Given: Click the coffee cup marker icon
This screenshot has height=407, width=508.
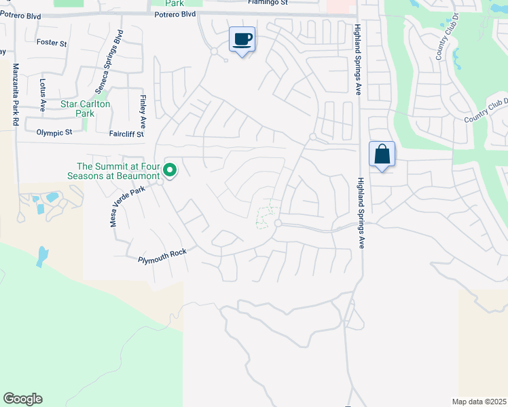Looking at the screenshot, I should tap(242, 39).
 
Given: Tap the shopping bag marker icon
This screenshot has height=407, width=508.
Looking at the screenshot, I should tap(382, 154).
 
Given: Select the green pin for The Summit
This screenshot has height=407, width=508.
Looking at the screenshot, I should tap(170, 170).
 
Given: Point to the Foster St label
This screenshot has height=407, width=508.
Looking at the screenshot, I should tap(52, 43).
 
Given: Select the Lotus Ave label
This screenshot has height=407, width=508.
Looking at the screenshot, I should tap(42, 95).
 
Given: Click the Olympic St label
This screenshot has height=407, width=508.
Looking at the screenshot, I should tap(54, 133).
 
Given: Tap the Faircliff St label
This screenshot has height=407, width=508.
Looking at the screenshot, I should tap(126, 134).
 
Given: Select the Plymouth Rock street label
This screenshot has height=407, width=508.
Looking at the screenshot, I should tap(162, 256).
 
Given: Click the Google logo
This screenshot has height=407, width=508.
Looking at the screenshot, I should tap(22, 399).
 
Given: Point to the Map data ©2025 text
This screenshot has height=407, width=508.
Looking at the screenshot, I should tap(478, 402).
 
